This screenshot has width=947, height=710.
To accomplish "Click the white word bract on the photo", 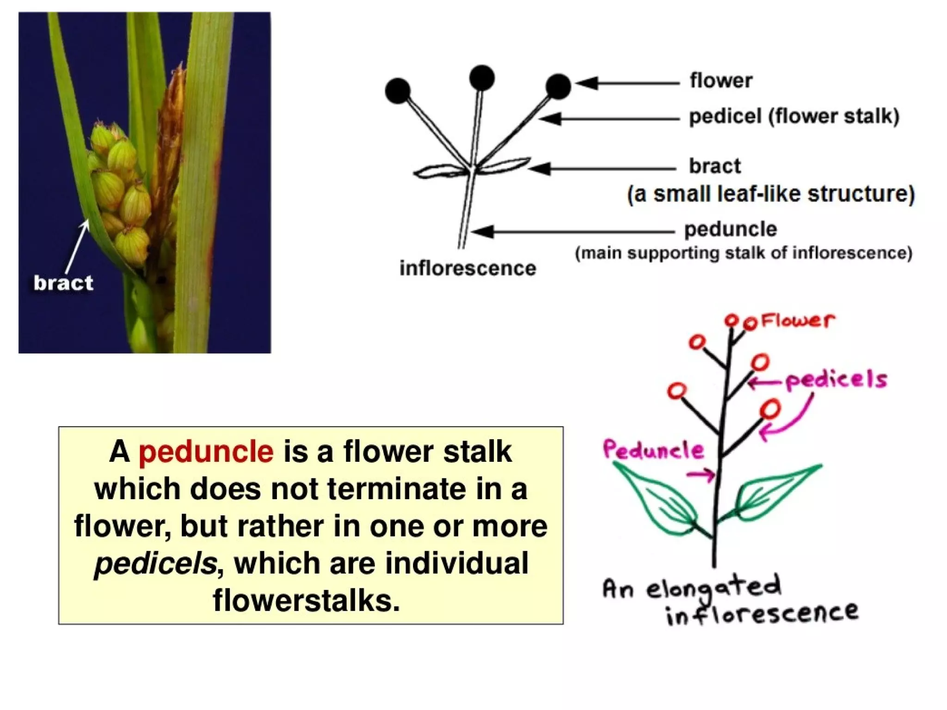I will (63, 283).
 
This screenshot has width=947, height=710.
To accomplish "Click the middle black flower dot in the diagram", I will (481, 78).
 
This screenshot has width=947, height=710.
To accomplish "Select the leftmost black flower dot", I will (398, 91).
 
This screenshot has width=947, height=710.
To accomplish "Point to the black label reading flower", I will (721, 80).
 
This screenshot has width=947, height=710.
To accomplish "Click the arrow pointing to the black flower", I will (627, 83).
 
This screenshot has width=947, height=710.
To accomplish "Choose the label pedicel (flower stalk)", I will (793, 116).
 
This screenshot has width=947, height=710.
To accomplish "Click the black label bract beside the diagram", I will (715, 166).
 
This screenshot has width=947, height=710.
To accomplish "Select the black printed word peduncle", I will (731, 229).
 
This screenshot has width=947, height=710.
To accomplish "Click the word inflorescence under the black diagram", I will (467, 268).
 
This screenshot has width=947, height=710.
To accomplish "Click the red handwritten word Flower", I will (798, 320).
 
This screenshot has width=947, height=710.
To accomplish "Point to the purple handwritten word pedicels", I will (836, 380).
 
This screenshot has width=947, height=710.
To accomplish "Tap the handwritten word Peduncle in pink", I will (653, 450).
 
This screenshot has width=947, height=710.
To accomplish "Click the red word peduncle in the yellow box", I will (206, 452).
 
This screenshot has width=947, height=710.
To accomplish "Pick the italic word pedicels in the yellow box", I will (155, 563).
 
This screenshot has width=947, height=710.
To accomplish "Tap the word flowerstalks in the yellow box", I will (306, 600).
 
